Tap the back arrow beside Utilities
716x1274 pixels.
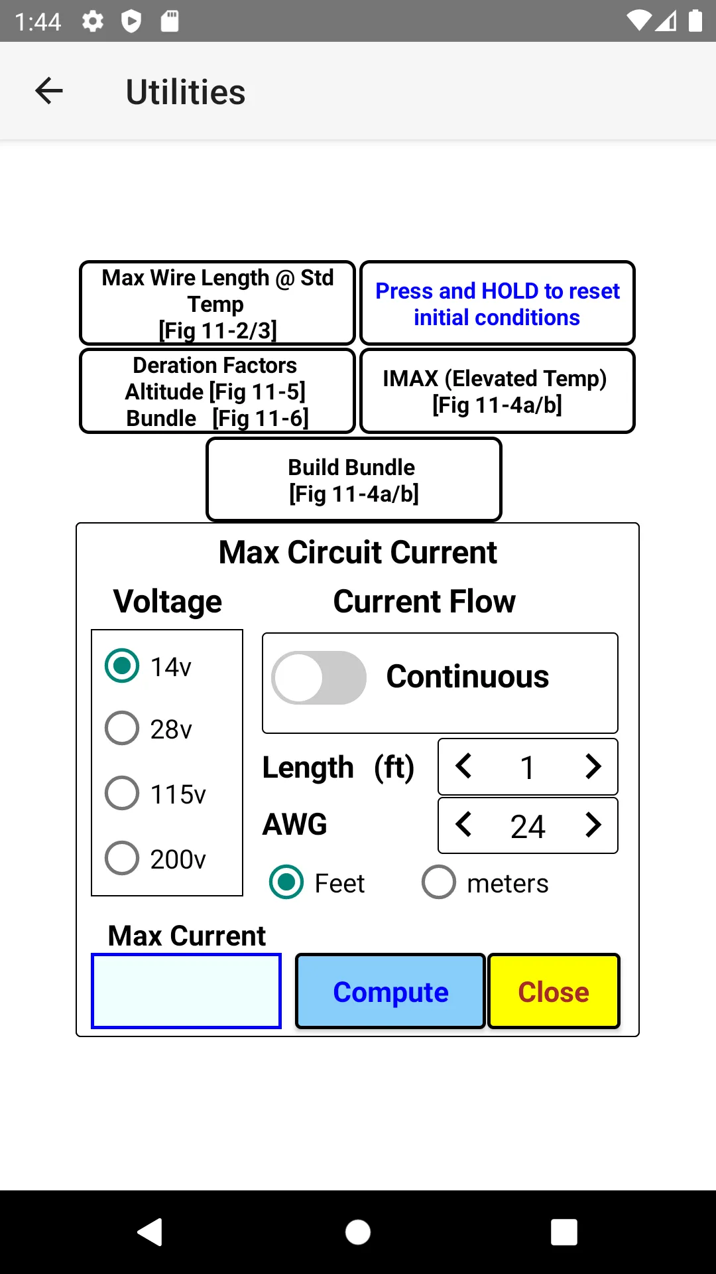49,91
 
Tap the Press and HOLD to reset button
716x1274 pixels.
497,303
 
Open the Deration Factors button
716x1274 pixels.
217,391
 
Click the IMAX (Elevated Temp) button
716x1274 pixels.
497,391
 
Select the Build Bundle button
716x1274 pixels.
354,480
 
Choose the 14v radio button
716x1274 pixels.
122,666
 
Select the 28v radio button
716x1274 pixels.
122,728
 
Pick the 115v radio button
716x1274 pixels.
122,793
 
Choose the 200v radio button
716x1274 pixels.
122,858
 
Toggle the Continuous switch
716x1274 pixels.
319,677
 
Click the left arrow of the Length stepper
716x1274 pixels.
463,766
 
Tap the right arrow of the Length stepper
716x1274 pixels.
593,766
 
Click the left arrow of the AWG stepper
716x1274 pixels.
463,825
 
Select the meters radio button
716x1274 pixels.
439,882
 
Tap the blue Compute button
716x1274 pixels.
390,991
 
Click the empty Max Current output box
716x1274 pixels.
186,991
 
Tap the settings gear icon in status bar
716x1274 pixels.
93,21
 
